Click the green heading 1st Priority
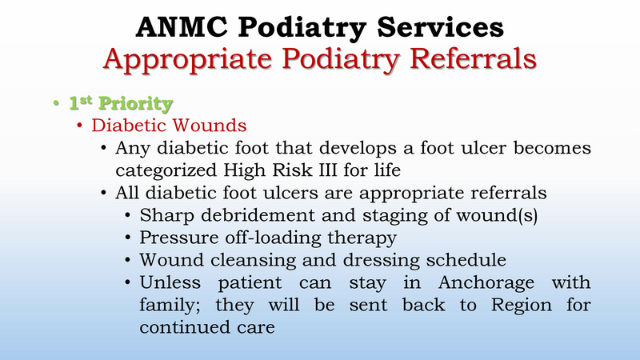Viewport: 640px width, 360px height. [x=120, y=103]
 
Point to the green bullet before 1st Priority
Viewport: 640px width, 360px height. [x=57, y=104]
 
